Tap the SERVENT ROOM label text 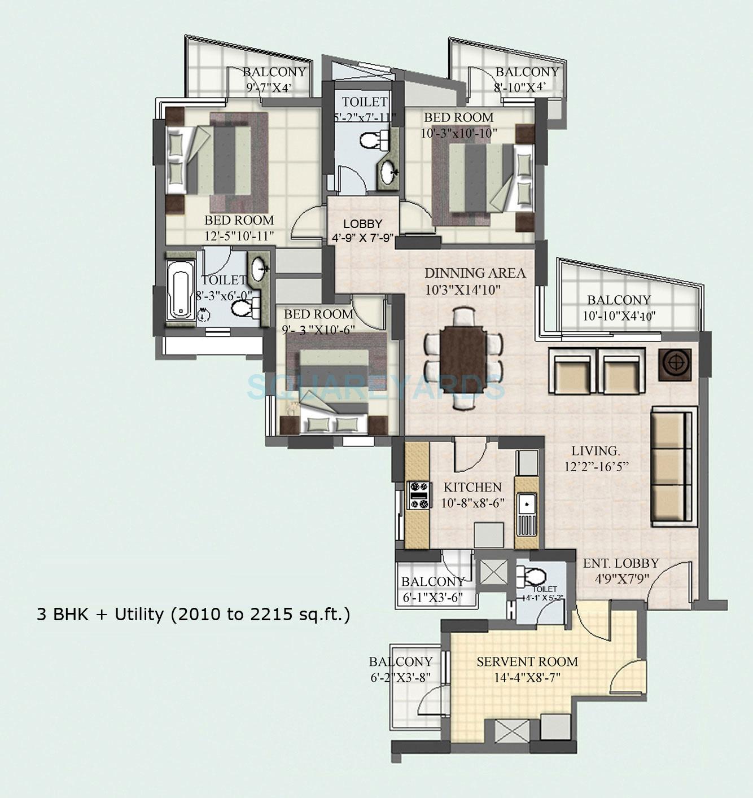click(527, 661)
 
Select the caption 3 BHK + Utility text click(193, 614)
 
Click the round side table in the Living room click(675, 362)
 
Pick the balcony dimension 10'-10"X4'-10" click(619, 316)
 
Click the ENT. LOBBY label click(621, 563)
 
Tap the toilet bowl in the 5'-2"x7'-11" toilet click(371, 139)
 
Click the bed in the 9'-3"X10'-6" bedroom click(335, 392)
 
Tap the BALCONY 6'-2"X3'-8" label click(401, 669)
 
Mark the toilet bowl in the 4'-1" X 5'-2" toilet click(532, 576)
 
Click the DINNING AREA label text click(475, 273)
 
